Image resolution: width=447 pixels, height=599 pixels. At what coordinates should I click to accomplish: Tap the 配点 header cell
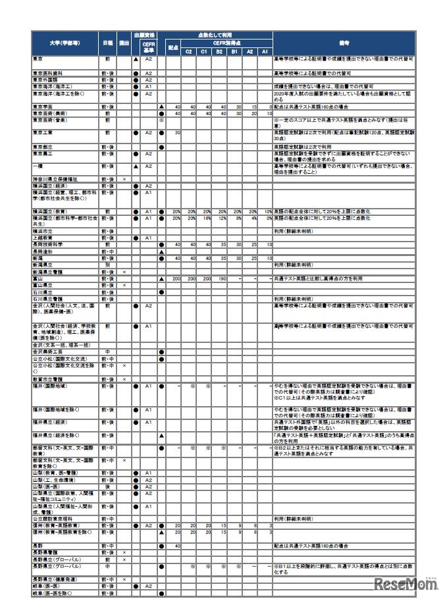point(173,47)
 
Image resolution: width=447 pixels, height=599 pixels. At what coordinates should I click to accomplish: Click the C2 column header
point(188,51)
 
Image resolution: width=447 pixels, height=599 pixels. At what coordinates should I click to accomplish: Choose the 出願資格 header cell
point(144,35)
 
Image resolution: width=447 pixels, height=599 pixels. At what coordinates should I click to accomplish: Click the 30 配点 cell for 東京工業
point(177,132)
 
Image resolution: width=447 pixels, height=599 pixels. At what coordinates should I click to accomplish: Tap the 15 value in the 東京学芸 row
point(252,106)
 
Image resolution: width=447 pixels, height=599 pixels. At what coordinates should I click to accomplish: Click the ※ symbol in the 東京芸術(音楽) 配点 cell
point(161,120)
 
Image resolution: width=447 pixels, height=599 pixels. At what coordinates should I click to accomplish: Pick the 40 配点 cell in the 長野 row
point(177,545)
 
